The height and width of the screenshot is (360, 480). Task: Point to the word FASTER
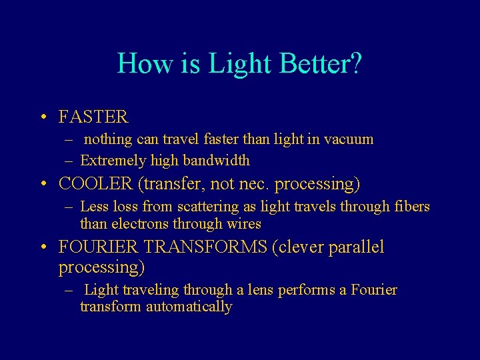click(x=93, y=117)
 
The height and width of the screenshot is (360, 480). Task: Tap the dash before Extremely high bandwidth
click(x=69, y=161)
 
